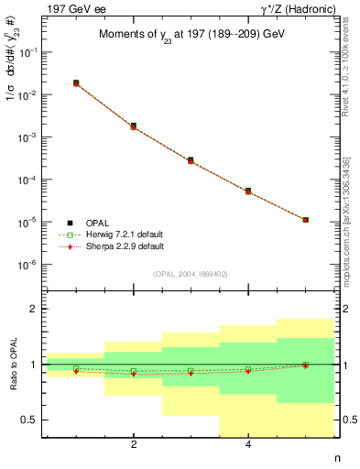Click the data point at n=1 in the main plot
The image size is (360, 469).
tap(76, 83)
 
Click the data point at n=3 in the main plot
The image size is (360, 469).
tap(191, 160)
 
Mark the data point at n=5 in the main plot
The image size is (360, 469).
tap(305, 220)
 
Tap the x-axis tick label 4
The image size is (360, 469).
tap(248, 445)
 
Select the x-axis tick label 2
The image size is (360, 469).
tap(134, 445)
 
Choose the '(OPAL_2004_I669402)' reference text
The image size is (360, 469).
tap(191, 274)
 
